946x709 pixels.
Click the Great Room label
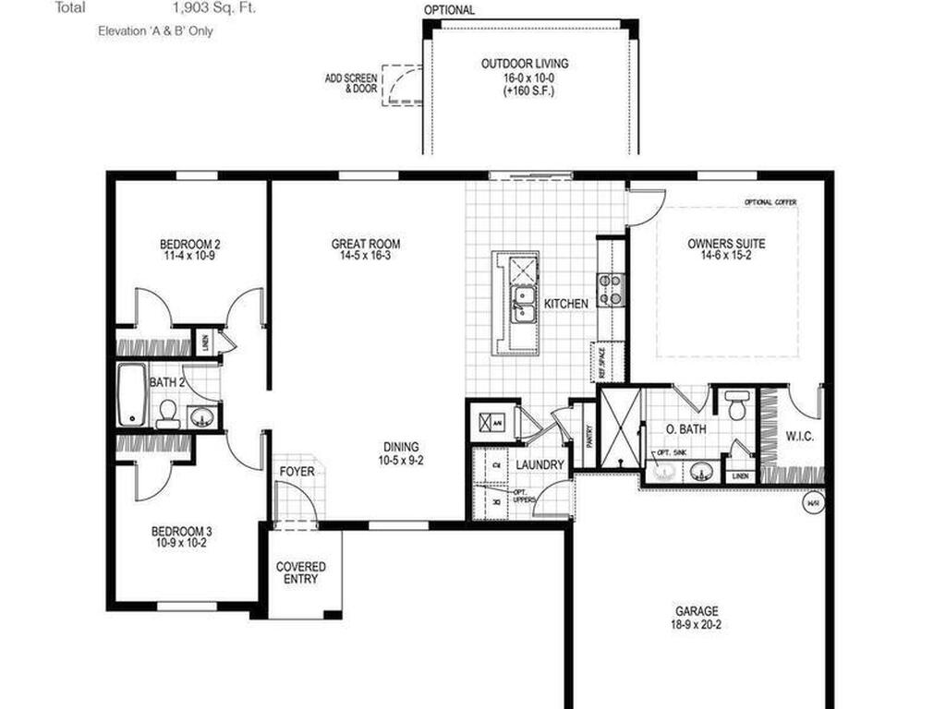coord(366,245)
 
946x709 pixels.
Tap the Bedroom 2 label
coord(190,245)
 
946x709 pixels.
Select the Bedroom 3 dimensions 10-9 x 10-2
coord(182,544)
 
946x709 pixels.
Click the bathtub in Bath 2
coord(131,394)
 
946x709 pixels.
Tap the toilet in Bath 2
coord(168,414)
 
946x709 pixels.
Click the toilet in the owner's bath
coord(737,403)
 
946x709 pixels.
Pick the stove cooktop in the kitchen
coord(612,288)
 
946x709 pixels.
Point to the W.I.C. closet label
coord(799,435)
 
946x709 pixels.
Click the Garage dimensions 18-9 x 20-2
coord(696,623)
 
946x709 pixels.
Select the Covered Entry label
coord(301,572)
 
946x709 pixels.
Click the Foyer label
coord(297,472)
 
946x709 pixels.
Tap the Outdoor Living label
coord(525,64)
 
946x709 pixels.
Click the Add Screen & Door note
coord(351,84)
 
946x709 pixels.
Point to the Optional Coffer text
coord(770,202)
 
